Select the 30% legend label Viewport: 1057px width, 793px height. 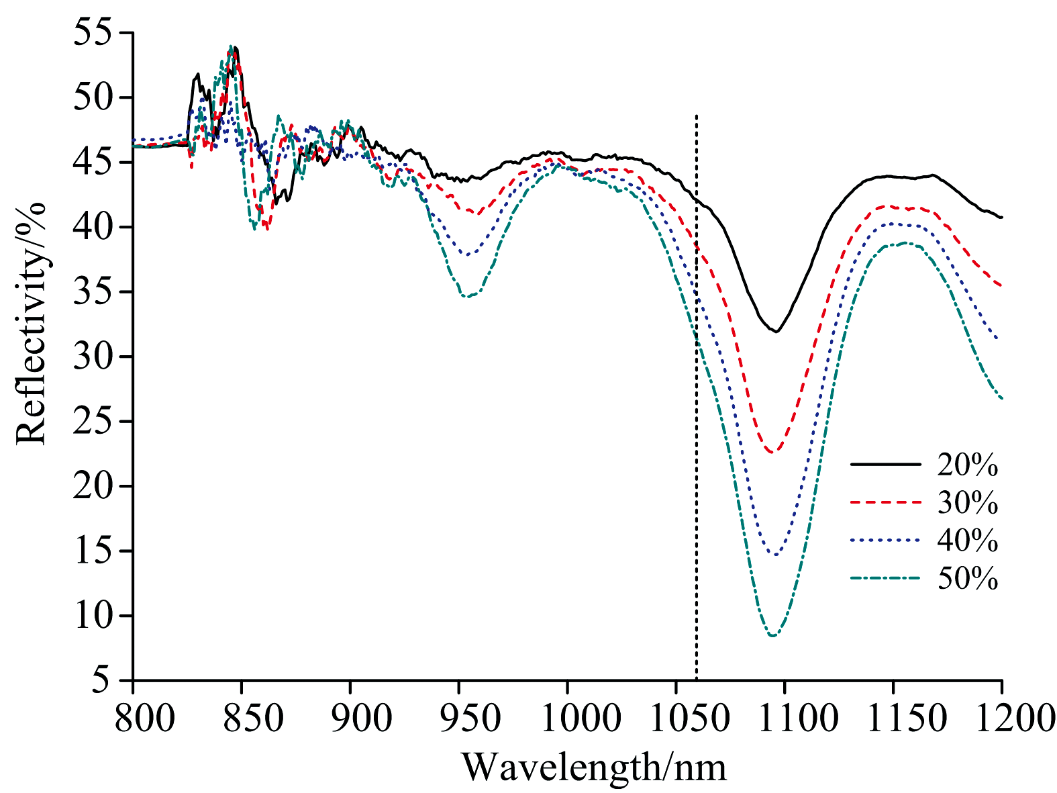967,502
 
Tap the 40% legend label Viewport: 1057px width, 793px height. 967,541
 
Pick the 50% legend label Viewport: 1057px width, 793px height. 967,578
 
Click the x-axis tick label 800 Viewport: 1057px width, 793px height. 134,716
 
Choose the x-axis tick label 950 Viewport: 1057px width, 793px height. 459,716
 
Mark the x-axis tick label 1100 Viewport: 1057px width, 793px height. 785,716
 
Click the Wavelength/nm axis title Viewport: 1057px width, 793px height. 594,766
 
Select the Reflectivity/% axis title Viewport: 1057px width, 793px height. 32,323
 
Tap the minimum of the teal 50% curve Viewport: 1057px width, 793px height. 773,635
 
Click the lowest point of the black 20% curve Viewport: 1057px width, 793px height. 776,331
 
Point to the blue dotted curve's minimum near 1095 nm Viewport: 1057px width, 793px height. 775,555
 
